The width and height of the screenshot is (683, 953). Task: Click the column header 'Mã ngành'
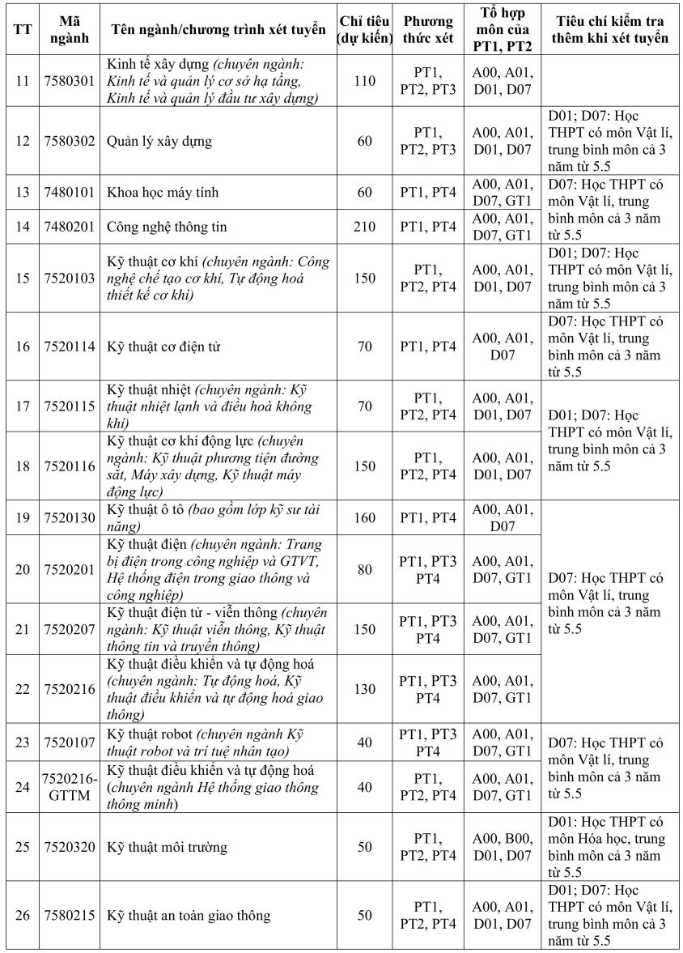(69, 31)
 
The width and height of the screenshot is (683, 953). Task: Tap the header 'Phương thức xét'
(428, 30)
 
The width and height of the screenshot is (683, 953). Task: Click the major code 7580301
(69, 81)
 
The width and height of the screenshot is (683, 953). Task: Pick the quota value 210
(364, 227)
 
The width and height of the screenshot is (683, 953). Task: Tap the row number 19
(23, 517)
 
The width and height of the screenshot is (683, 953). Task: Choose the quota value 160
(364, 517)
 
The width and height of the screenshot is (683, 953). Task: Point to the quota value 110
(364, 81)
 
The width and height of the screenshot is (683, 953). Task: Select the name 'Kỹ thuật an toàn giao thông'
(189, 916)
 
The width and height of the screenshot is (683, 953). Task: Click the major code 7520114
(69, 347)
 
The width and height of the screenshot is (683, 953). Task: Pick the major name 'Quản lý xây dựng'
(159, 141)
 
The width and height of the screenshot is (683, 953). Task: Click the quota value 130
(364, 689)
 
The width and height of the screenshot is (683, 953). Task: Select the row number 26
(23, 916)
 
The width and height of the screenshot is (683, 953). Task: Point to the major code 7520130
(69, 517)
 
